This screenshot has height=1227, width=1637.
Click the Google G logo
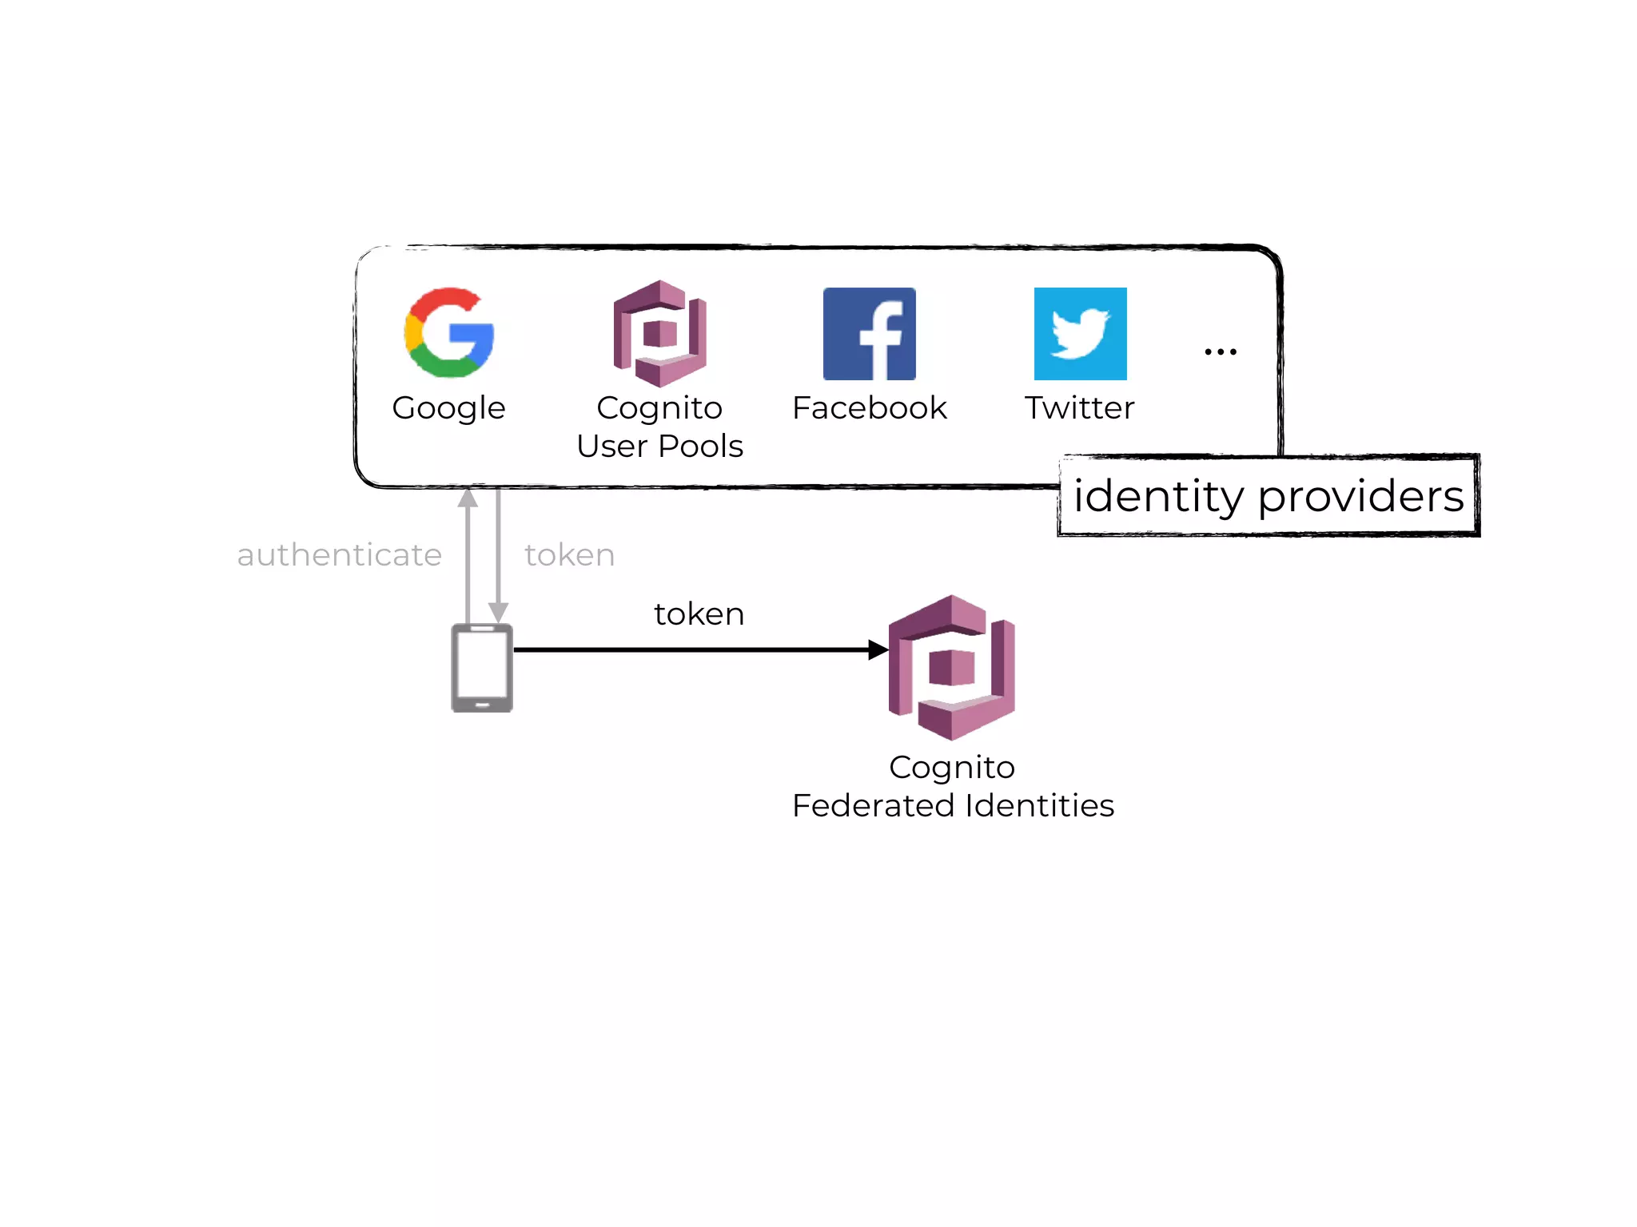pyautogui.click(x=449, y=332)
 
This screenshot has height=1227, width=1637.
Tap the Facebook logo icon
pyautogui.click(x=869, y=334)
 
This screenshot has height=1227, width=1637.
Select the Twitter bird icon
pyautogui.click(x=1080, y=334)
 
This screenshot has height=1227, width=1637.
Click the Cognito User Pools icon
pyautogui.click(x=659, y=333)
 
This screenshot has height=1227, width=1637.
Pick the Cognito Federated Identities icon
pyautogui.click(x=951, y=667)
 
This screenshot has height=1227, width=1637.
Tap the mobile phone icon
pyautogui.click(x=482, y=668)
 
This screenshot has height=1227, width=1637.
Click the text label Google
pyautogui.click(x=448, y=408)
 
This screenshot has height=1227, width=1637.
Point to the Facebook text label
pyautogui.click(x=869, y=408)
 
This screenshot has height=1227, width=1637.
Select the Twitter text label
pyautogui.click(x=1079, y=408)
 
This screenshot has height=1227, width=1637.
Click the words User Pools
pyautogui.click(x=659, y=447)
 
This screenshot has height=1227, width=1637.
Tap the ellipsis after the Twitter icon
pyautogui.click(x=1221, y=351)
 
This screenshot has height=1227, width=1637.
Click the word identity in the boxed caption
pyautogui.click(x=1158, y=497)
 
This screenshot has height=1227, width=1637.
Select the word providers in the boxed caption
pyautogui.click(x=1360, y=497)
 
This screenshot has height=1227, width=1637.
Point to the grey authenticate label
pyautogui.click(x=339, y=555)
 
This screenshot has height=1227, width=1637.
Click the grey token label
pyautogui.click(x=569, y=555)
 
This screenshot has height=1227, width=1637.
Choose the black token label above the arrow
pyautogui.click(x=699, y=614)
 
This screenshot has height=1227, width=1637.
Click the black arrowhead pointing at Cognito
pyautogui.click(x=878, y=649)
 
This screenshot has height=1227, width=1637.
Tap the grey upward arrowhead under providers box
pyautogui.click(x=468, y=498)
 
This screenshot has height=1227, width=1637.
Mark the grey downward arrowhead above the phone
pyautogui.click(x=498, y=613)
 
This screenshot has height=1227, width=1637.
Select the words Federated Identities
pyautogui.click(x=953, y=806)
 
